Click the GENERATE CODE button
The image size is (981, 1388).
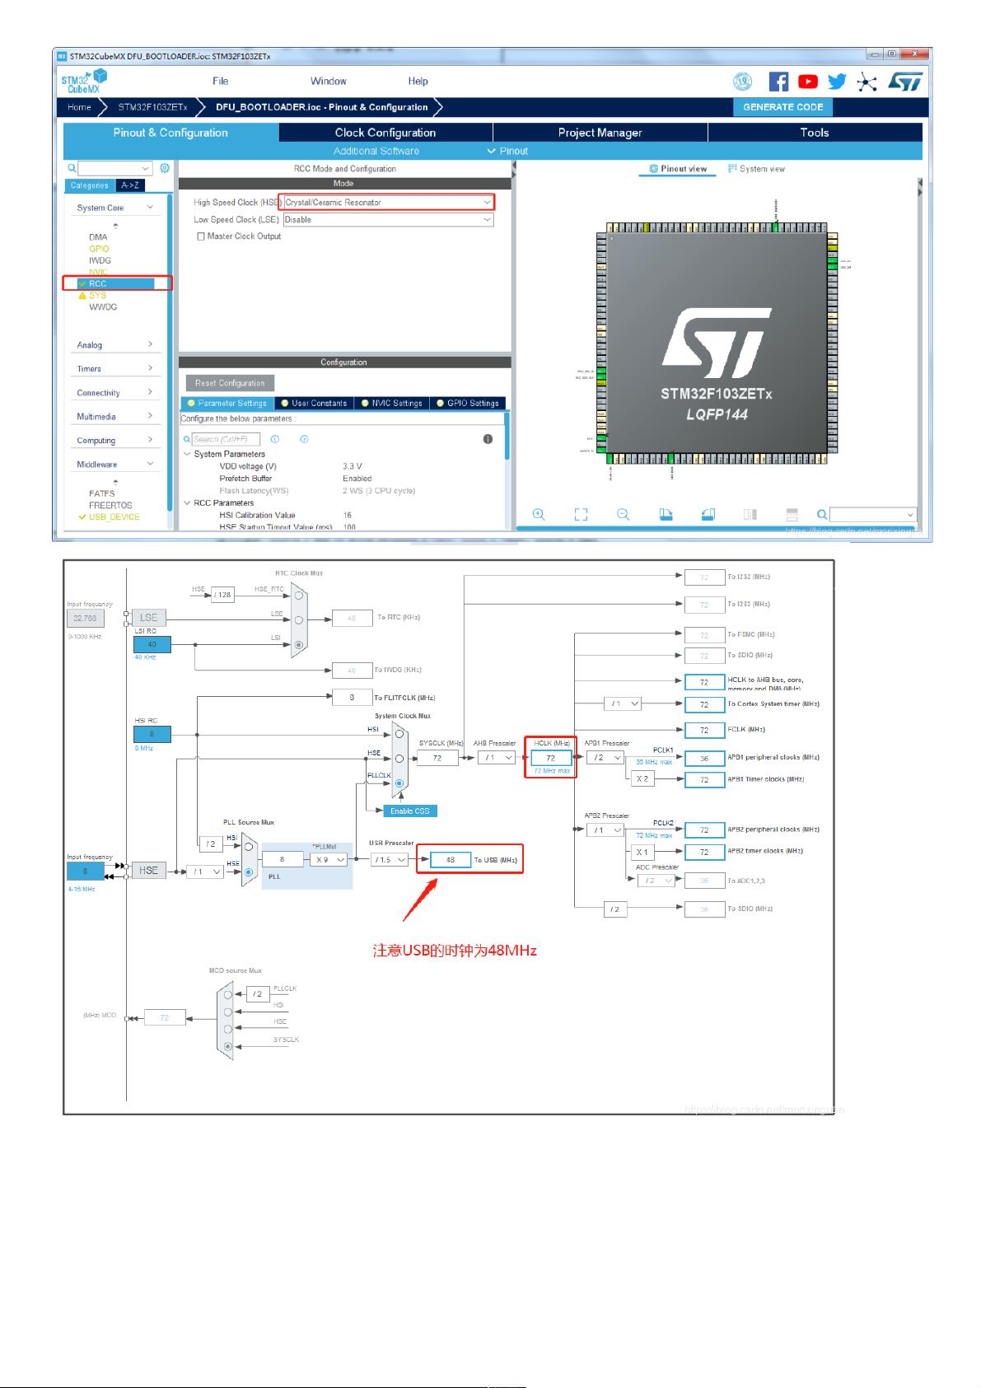click(x=782, y=107)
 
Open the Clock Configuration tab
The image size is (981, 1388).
click(x=385, y=133)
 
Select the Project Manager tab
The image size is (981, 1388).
click(x=600, y=133)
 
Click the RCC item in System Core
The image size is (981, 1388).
click(x=98, y=283)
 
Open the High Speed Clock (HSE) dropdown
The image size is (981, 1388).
click(x=386, y=203)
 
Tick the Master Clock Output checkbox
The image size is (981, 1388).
click(x=201, y=236)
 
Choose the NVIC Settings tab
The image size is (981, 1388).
click(x=392, y=404)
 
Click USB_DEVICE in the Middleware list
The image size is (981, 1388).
click(x=114, y=517)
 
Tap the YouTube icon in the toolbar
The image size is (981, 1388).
click(x=808, y=82)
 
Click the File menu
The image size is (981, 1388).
click(x=220, y=82)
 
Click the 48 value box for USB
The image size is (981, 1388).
click(x=451, y=860)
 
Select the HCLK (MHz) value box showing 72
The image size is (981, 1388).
click(x=551, y=758)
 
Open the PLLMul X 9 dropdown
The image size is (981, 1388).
click(x=329, y=860)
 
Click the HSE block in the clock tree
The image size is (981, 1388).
click(x=148, y=871)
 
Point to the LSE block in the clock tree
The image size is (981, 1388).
click(x=148, y=617)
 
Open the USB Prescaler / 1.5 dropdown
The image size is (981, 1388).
click(x=390, y=860)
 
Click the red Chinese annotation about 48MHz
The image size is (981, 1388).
click(x=455, y=951)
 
